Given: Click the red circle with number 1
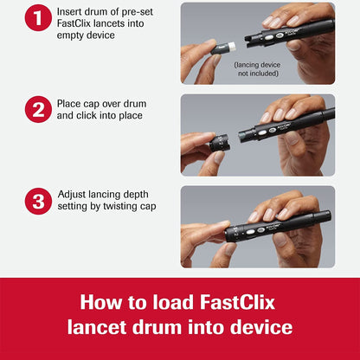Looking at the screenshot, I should [x=38, y=16].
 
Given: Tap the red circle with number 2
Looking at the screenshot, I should [x=38, y=110].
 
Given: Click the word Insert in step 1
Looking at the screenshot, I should [x=72, y=10].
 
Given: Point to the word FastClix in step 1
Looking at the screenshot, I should [x=79, y=24].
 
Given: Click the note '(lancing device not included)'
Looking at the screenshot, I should [x=258, y=68].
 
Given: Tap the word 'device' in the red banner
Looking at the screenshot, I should [x=259, y=328].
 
